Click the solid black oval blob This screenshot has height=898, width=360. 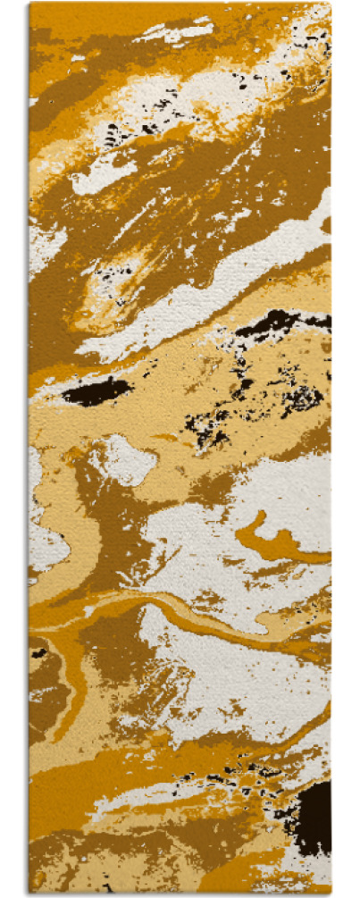point(96,391)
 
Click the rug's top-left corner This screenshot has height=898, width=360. point(29,4)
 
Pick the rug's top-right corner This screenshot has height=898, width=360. point(330,4)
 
